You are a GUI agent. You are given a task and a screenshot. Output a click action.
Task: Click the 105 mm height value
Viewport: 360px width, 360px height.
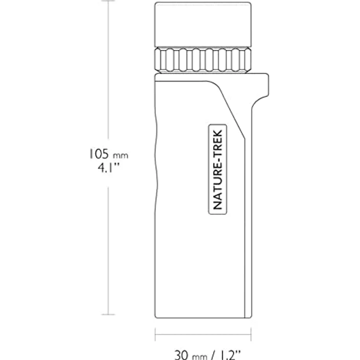[x=109, y=154]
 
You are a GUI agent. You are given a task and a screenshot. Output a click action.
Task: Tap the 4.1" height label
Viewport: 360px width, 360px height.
[x=109, y=168]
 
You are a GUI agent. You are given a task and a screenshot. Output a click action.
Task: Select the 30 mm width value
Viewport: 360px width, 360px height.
[x=191, y=355]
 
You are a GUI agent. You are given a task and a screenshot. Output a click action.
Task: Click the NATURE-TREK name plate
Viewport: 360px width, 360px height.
[x=218, y=169]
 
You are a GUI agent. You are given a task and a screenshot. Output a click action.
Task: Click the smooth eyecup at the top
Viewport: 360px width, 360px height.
[x=203, y=24]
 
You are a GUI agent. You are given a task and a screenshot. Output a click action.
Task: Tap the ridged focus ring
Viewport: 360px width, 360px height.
[x=203, y=60]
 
